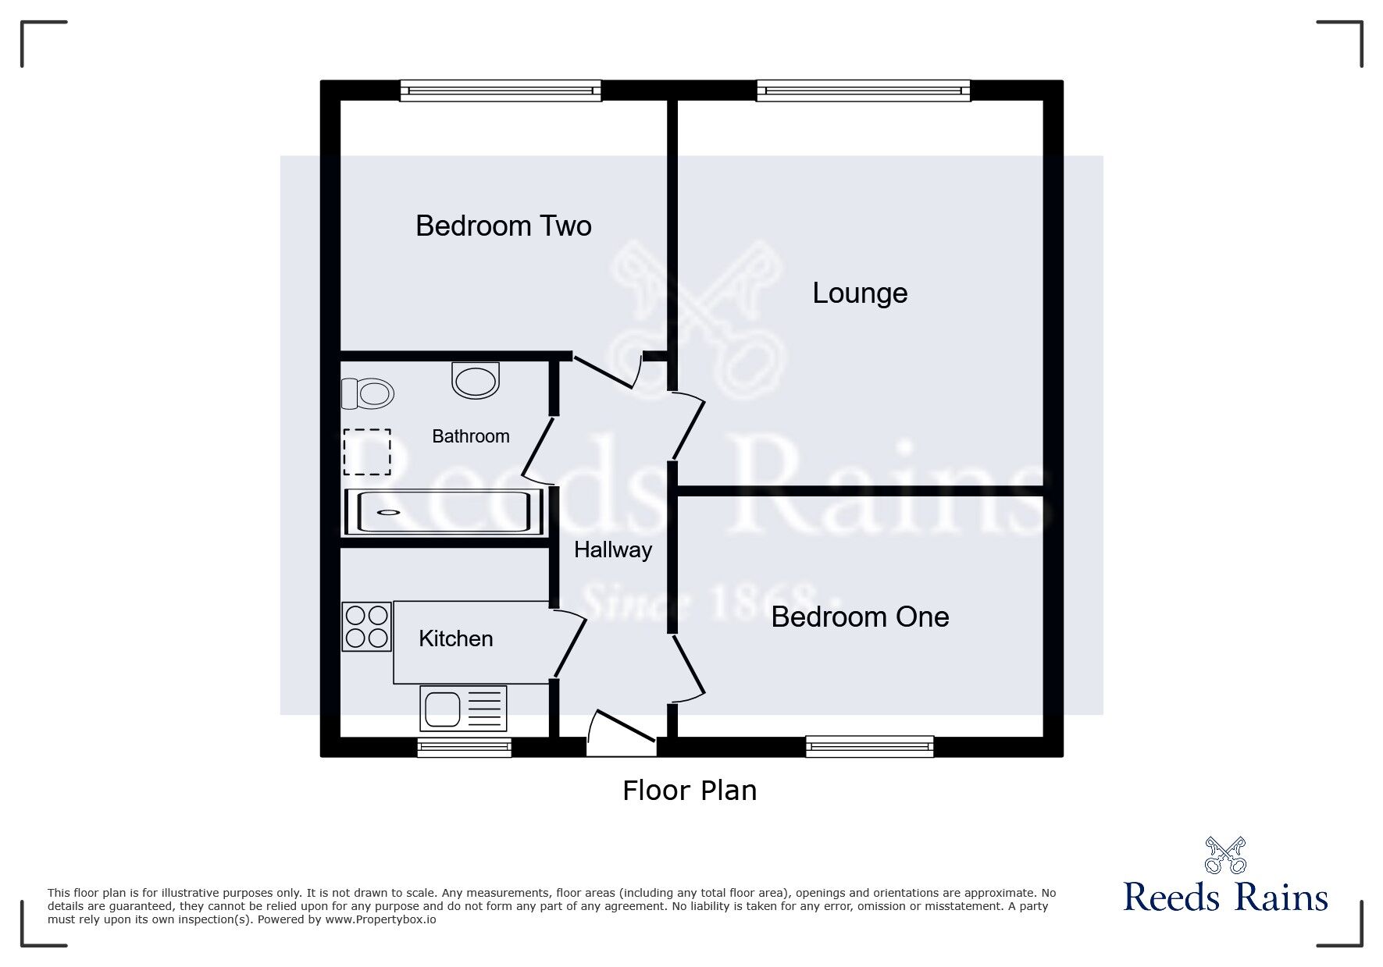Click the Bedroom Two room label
(503, 226)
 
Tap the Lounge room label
(860, 293)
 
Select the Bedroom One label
(860, 617)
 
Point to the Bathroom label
(470, 436)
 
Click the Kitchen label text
(455, 639)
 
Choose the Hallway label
(612, 550)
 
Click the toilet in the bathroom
(368, 393)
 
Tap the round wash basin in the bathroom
(475, 380)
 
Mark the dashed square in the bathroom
(367, 452)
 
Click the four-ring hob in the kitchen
(367, 626)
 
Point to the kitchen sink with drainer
(463, 708)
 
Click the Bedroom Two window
(501, 91)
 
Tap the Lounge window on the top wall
(863, 91)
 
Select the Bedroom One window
(869, 747)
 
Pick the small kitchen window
(464, 748)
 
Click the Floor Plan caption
(690, 791)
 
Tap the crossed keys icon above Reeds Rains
(1224, 855)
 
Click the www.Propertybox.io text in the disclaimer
(380, 919)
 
